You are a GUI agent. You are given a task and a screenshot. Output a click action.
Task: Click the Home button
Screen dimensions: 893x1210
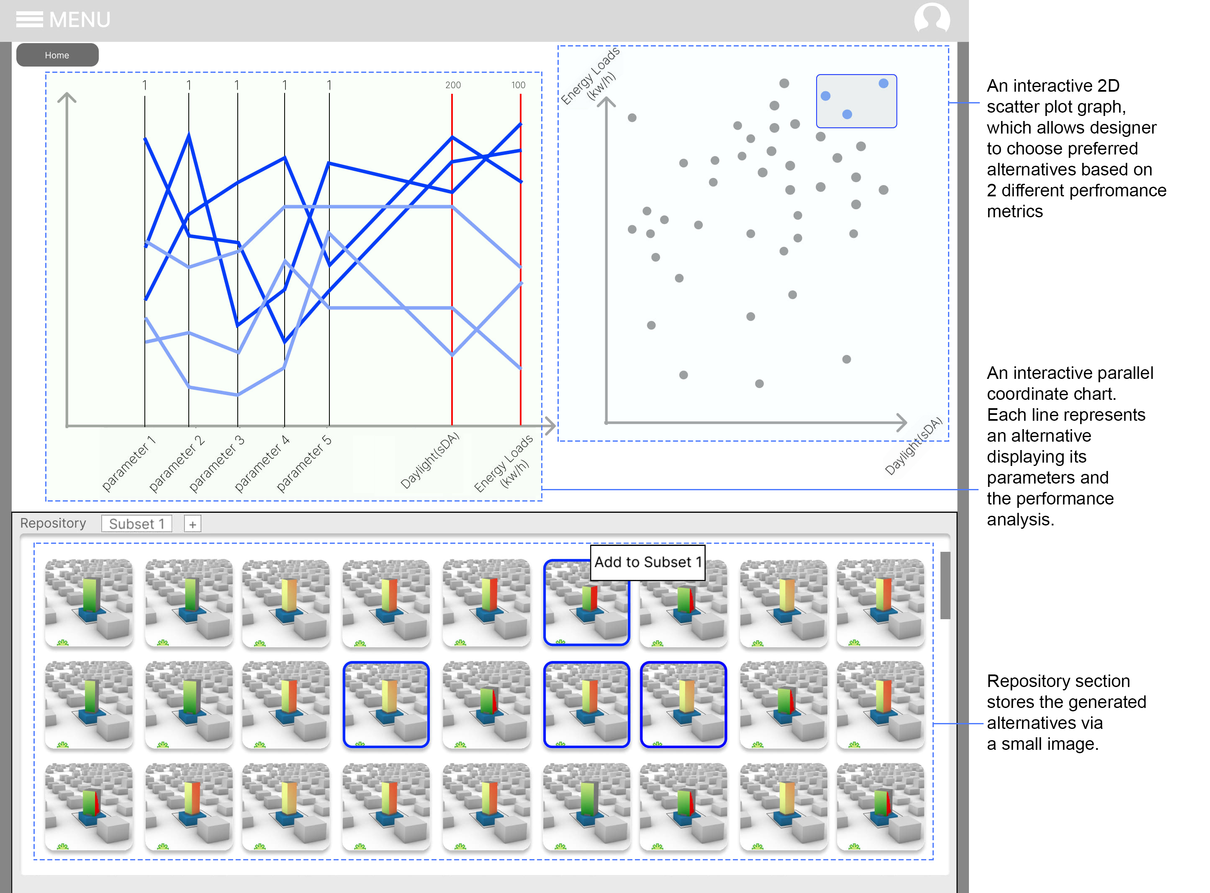pos(57,55)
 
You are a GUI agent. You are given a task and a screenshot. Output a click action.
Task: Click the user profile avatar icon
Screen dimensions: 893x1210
pos(931,18)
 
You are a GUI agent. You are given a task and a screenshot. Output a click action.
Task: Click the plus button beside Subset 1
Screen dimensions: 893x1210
pos(193,524)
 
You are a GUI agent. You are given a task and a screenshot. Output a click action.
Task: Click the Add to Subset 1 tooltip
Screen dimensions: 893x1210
pos(647,562)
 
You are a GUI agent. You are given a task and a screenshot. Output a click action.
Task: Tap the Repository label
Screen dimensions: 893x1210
pos(53,523)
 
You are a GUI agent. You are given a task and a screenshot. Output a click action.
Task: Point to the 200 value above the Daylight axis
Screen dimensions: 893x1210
pos(453,85)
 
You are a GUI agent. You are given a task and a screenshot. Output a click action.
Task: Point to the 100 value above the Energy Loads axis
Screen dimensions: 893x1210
pos(518,85)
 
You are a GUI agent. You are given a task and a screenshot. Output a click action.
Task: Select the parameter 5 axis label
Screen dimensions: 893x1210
pos(304,463)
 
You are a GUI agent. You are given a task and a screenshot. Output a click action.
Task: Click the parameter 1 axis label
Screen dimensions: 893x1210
pos(128,463)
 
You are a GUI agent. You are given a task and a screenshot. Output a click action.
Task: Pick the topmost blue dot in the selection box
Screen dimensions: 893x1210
pos(884,83)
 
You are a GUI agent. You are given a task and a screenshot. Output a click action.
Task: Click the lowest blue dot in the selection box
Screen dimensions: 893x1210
pos(847,115)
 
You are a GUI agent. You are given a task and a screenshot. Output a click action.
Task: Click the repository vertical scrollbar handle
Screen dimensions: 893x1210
pos(945,585)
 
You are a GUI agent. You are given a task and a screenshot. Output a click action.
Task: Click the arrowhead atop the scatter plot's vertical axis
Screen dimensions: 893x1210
pos(606,100)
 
